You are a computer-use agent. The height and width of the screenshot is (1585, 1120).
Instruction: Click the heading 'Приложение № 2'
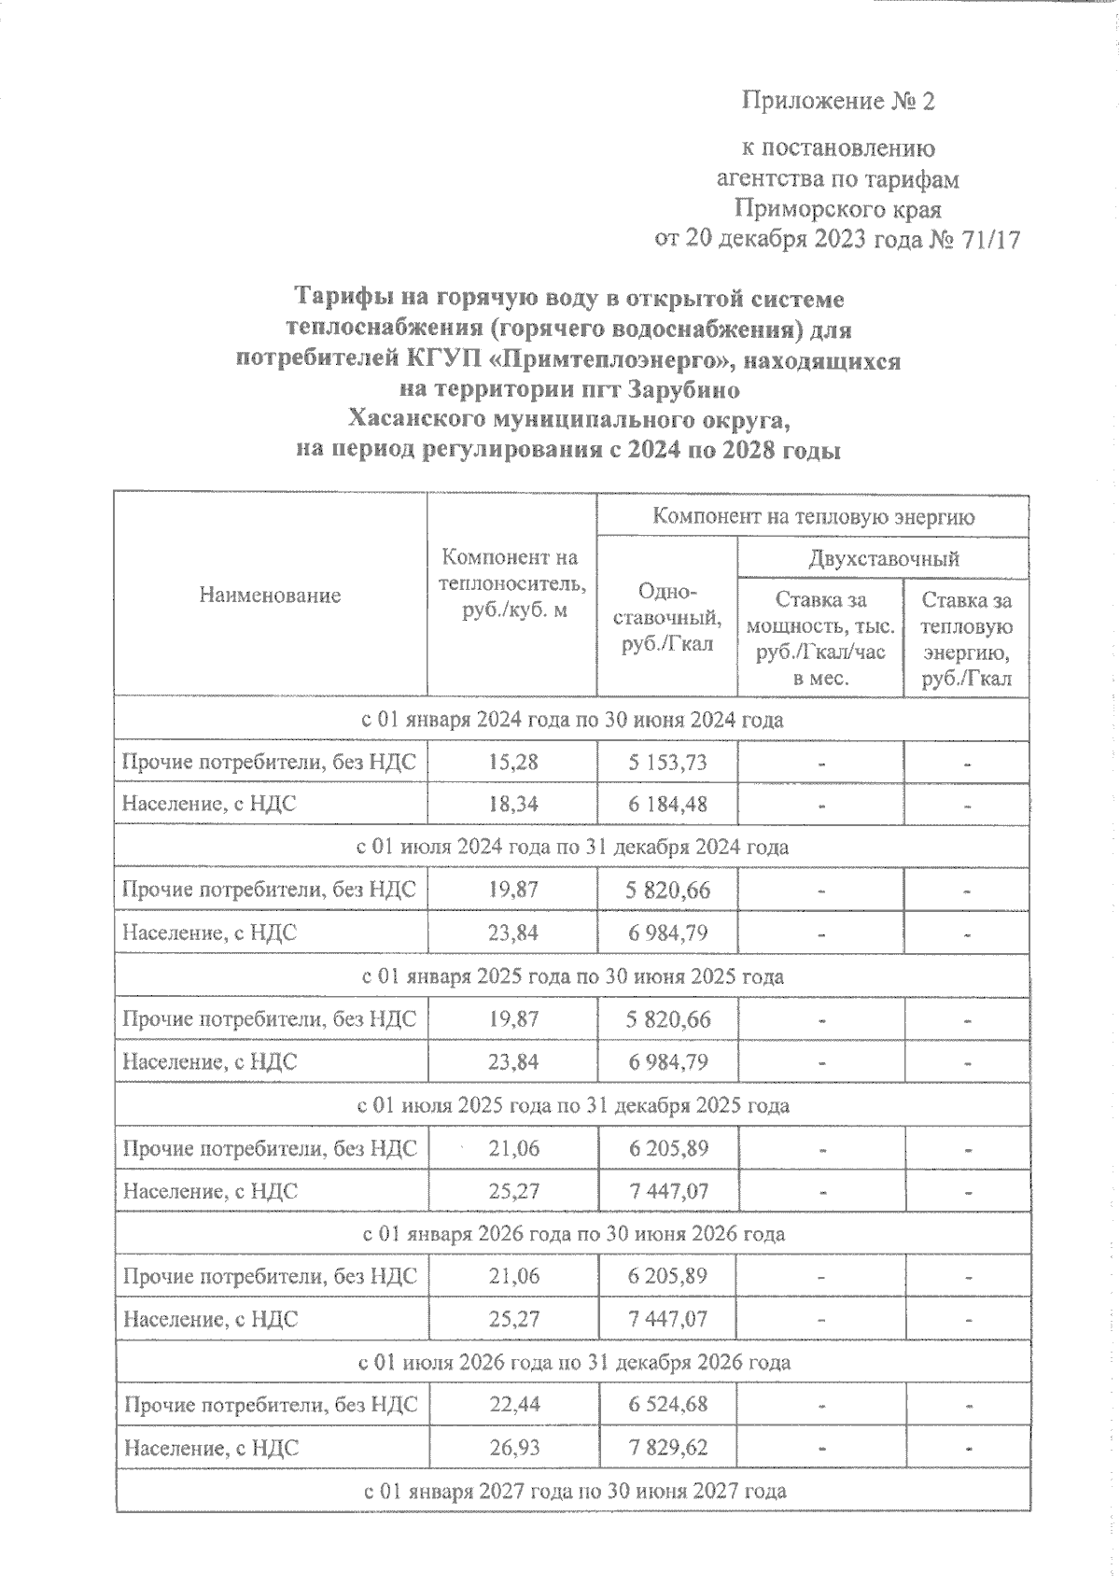pos(837,101)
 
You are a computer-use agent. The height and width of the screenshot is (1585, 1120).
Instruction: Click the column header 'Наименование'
pos(270,596)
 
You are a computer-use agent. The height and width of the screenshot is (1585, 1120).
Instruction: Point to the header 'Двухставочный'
pos(883,559)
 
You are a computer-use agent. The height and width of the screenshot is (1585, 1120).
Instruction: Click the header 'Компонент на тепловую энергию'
pos(812,516)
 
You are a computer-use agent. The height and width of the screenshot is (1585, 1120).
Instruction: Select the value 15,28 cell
pos(512,763)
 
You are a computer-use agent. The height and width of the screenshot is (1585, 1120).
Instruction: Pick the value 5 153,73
pos(666,763)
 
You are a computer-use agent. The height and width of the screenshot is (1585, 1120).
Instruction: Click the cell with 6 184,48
pos(666,804)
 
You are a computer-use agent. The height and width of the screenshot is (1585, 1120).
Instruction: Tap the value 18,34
pos(512,804)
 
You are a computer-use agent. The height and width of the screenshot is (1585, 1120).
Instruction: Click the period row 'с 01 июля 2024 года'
pos(572,848)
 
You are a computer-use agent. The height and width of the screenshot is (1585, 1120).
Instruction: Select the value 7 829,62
pos(666,1448)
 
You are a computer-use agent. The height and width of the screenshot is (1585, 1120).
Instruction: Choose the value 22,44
pos(512,1405)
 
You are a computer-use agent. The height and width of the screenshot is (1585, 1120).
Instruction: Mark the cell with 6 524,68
pos(666,1405)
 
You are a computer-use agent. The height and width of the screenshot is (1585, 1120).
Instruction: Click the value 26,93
pos(512,1448)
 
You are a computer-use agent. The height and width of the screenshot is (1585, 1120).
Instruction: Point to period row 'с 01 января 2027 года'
pos(572,1491)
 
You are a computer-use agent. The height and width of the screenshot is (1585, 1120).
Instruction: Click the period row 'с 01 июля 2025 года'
pos(572,1105)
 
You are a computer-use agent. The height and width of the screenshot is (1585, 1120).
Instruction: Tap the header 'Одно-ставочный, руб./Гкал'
pos(666,617)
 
